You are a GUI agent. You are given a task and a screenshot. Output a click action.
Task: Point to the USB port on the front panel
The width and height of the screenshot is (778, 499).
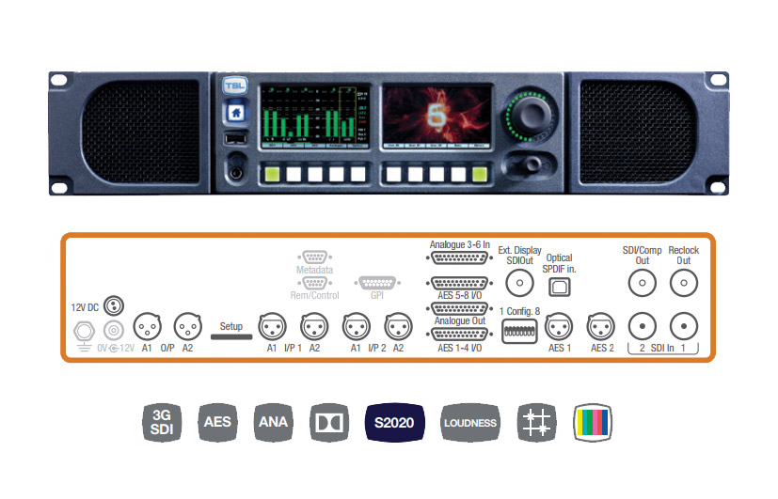click(x=235, y=139)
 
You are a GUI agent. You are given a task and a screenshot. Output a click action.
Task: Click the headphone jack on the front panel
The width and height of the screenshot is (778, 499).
click(x=234, y=172)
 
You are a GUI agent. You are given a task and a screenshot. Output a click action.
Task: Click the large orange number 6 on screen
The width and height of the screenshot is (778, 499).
click(x=434, y=115)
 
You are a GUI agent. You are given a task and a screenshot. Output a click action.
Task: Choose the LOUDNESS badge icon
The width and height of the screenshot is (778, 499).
click(x=469, y=422)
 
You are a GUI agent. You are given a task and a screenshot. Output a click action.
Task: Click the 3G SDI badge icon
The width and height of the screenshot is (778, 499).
click(x=162, y=422)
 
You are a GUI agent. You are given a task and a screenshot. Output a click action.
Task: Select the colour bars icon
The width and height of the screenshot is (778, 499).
click(x=593, y=422)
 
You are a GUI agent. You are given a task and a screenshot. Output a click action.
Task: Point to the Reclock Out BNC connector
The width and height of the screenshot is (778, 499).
click(x=684, y=282)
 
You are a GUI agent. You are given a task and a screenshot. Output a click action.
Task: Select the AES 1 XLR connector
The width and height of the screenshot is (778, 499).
click(x=560, y=327)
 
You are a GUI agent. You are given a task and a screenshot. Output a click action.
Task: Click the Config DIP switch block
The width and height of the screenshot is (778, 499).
click(x=519, y=330)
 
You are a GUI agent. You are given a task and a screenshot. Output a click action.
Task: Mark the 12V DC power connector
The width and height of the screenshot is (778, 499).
click(x=113, y=305)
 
